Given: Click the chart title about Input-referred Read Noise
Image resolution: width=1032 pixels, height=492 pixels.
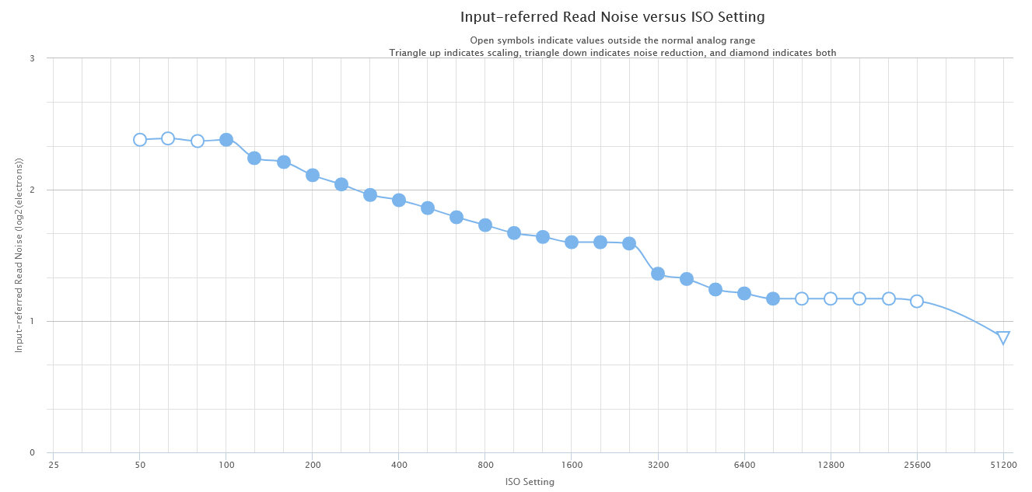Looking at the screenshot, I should click(x=612, y=17).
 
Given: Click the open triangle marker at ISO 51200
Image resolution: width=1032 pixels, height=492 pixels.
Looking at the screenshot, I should click(x=1003, y=337).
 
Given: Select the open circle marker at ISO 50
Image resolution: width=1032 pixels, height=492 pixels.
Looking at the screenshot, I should click(x=140, y=140).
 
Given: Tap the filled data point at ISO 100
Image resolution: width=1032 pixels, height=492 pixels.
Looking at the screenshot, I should click(x=226, y=140).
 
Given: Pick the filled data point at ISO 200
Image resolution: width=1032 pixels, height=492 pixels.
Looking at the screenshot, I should click(x=313, y=175).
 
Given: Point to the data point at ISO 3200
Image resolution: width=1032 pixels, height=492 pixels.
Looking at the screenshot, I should click(x=658, y=274).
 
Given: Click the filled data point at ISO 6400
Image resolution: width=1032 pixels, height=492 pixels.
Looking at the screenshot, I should click(x=744, y=293).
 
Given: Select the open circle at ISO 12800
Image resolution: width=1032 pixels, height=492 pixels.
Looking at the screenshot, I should click(x=831, y=298).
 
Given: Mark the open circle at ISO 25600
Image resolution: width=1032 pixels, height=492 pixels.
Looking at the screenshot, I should click(x=917, y=301).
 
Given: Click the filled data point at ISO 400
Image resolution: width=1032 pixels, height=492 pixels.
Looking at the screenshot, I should click(x=399, y=200).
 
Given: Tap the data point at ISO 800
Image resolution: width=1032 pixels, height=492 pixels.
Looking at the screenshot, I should click(x=485, y=225).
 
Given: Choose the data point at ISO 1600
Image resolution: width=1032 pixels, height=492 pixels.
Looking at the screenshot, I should click(x=572, y=242).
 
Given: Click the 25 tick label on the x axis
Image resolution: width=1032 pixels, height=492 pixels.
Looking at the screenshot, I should click(x=54, y=466).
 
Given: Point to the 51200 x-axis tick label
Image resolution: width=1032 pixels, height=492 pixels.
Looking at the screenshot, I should click(x=1003, y=466).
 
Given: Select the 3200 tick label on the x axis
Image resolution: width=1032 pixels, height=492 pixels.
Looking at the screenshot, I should click(x=658, y=466).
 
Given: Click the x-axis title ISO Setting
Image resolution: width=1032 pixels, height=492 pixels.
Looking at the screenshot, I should click(x=530, y=482).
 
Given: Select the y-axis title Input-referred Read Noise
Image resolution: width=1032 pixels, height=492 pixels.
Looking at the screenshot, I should click(x=20, y=255).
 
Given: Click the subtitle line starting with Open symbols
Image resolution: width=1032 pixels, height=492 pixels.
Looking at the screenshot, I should click(x=612, y=40).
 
